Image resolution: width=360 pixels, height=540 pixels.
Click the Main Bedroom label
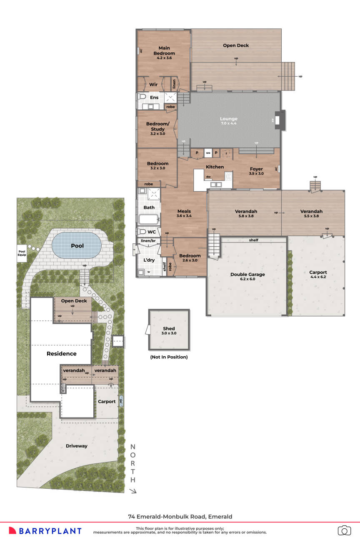(x=164, y=51)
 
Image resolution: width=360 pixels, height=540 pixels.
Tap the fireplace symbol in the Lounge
(x=282, y=120)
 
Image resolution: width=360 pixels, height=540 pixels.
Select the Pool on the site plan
(x=77, y=246)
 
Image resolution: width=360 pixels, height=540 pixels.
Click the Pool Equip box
(x=22, y=253)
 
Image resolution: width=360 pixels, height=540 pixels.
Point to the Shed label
(x=169, y=328)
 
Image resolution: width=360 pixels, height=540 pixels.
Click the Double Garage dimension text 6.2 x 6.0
(x=247, y=280)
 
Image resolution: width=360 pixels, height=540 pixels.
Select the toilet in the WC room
(x=141, y=232)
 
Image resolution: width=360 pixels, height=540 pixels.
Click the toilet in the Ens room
(x=141, y=97)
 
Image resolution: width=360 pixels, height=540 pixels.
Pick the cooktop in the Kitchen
(x=228, y=176)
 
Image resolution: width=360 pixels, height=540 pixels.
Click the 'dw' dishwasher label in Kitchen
(x=208, y=177)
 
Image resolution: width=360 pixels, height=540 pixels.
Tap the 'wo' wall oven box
(x=207, y=153)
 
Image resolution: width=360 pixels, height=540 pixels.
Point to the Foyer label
(x=256, y=169)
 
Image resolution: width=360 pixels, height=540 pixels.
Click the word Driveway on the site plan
(x=77, y=446)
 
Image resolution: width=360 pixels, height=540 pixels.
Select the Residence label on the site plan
(x=61, y=353)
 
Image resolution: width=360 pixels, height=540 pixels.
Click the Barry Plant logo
(x=45, y=531)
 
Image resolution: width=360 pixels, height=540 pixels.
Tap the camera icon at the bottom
(x=344, y=530)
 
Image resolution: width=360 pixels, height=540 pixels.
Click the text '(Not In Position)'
(x=169, y=357)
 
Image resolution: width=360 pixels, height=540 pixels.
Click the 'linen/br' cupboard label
(x=148, y=241)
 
